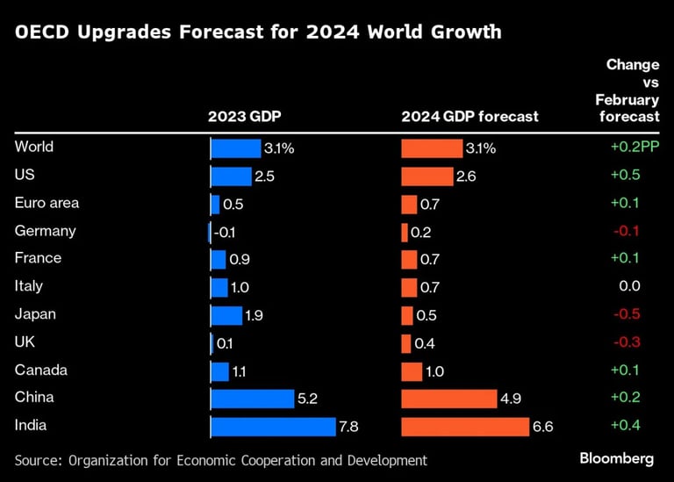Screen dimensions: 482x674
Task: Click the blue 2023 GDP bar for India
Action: [274, 427]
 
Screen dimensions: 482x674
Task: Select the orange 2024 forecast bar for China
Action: [448, 399]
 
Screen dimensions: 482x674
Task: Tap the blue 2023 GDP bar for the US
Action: [231, 176]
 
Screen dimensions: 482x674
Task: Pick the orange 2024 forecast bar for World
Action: [432, 147]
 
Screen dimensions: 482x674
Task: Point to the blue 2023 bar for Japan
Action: [226, 315]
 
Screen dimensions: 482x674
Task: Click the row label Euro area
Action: [47, 203]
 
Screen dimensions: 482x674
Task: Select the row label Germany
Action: [46, 231]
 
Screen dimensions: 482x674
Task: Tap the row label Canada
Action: [40, 370]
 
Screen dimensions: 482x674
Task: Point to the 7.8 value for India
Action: [348, 428]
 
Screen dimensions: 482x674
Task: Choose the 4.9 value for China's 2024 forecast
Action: [511, 399]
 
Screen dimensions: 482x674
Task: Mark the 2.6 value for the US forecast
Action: [466, 176]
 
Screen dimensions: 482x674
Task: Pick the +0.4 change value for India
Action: [625, 426]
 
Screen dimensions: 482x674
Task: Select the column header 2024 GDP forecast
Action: [470, 116]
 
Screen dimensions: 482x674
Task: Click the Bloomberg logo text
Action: [617, 458]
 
